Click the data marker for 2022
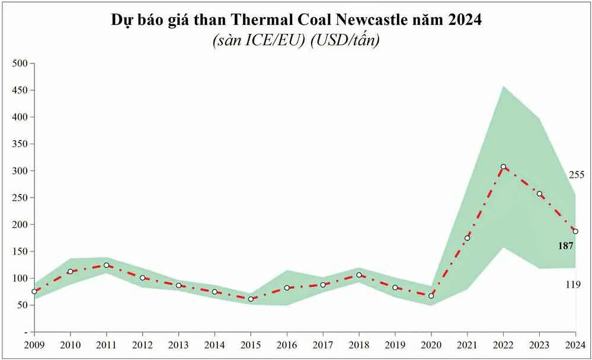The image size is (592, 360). pyautogui.click(x=503, y=167)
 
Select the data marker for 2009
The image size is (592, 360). pyautogui.click(x=34, y=291)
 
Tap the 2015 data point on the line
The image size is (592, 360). pyautogui.click(x=251, y=299)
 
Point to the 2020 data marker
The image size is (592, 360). pyautogui.click(x=431, y=295)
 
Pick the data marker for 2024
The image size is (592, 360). pyautogui.click(x=575, y=231)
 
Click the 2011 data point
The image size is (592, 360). pyautogui.click(x=107, y=265)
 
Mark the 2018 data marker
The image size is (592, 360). pyautogui.click(x=359, y=275)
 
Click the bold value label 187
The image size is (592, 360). pyautogui.click(x=565, y=246)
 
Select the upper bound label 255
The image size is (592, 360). pyautogui.click(x=576, y=175)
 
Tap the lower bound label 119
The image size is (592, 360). pyautogui.click(x=573, y=285)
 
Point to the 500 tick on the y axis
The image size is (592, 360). pyautogui.click(x=20, y=63)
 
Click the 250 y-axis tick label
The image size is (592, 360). pyautogui.click(x=20, y=197)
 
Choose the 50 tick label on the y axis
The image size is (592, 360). pyautogui.click(x=22, y=305)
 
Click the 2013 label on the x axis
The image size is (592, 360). pyautogui.click(x=178, y=345)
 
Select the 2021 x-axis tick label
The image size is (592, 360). pyautogui.click(x=467, y=345)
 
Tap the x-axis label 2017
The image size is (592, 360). pyautogui.click(x=323, y=345)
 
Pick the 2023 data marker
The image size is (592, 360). pyautogui.click(x=539, y=194)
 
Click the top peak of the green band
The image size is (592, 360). pyautogui.click(x=503, y=87)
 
